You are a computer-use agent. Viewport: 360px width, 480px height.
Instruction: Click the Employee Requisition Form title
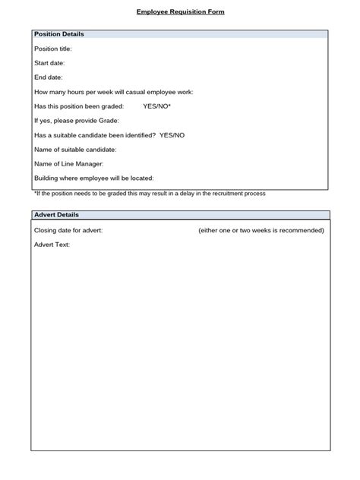coord(180,12)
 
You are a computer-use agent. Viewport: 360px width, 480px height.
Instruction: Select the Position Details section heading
coord(59,34)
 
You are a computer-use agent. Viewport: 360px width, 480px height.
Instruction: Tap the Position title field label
coord(53,49)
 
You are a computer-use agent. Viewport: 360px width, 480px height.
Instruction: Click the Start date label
coord(49,63)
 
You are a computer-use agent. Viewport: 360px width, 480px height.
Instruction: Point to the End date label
coord(49,77)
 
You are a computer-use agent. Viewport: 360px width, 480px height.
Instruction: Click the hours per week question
coord(114,92)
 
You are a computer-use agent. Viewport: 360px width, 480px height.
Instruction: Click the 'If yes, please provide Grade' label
coord(77,121)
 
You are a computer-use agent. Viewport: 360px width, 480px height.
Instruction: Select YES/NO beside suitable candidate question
coord(172,135)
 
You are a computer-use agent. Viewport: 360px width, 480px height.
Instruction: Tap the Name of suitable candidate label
coord(75,150)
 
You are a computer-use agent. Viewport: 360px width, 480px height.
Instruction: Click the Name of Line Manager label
coord(69,164)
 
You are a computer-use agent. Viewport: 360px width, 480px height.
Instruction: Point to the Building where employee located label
coord(94,178)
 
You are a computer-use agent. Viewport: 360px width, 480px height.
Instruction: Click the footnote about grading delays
coord(150,194)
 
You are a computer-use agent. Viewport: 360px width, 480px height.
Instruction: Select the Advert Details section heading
coord(57,215)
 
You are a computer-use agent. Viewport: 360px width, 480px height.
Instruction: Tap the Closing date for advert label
coord(69,230)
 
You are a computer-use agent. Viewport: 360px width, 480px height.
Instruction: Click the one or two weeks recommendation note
coord(261,230)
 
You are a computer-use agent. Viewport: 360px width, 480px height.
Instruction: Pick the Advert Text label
coord(52,245)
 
